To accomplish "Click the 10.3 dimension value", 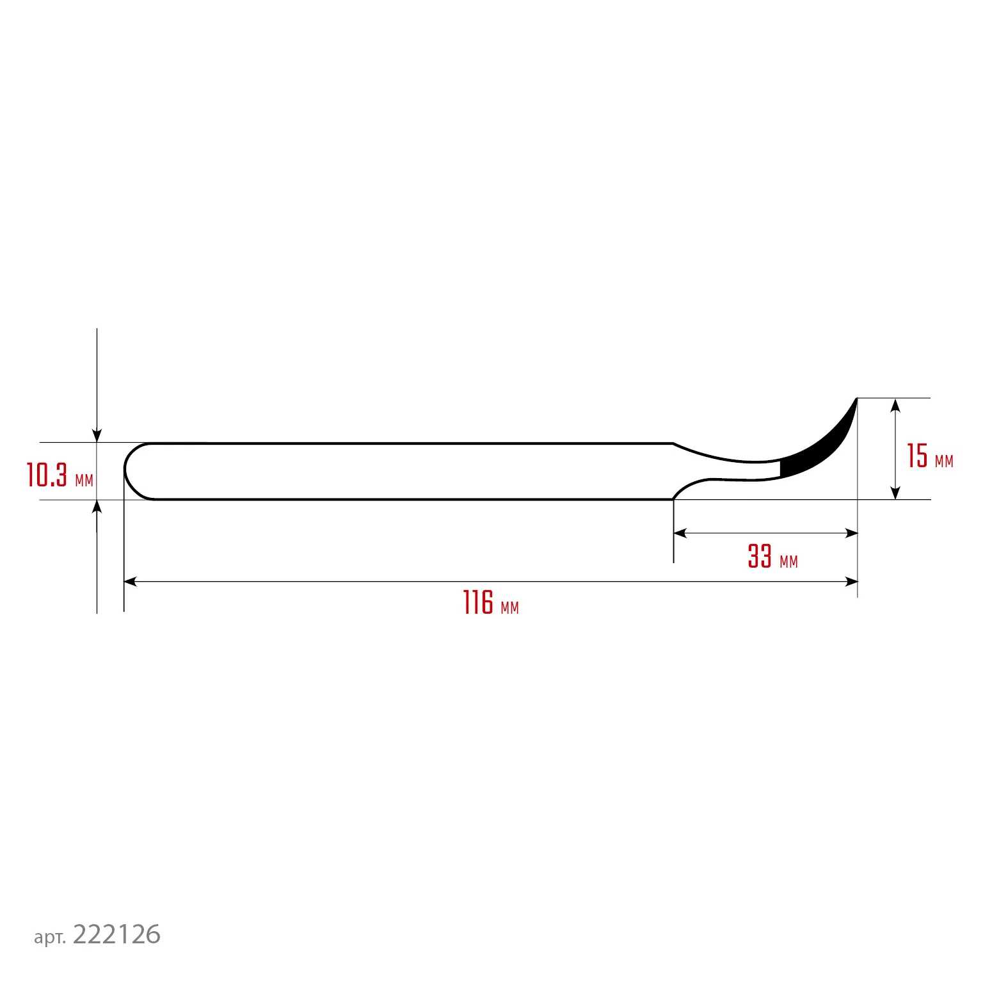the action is [x=47, y=475].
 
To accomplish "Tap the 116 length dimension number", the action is [x=478, y=602].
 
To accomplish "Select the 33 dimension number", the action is [x=760, y=555].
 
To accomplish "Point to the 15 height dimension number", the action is [x=917, y=456].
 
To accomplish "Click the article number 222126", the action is [x=116, y=934].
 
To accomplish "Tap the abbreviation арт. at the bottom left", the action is [x=50, y=938].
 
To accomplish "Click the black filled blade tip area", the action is [x=816, y=451].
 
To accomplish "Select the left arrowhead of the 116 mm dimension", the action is [x=130, y=582].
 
